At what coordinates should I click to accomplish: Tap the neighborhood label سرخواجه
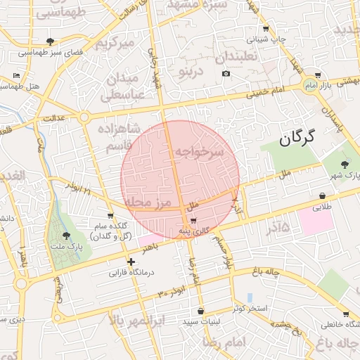pyautogui.click(x=199, y=151)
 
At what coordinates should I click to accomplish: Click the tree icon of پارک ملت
pyautogui.click(x=66, y=236)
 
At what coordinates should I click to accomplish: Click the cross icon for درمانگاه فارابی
pyautogui.click(x=131, y=262)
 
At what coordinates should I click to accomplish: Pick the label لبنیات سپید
pyautogui.click(x=202, y=321)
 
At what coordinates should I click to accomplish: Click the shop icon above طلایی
pyautogui.click(x=322, y=196)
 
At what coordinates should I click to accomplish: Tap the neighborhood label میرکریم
pyautogui.click(x=115, y=44)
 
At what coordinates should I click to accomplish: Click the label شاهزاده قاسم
pyautogui.click(x=124, y=138)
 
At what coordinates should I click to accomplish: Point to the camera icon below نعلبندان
pyautogui.click(x=226, y=74)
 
